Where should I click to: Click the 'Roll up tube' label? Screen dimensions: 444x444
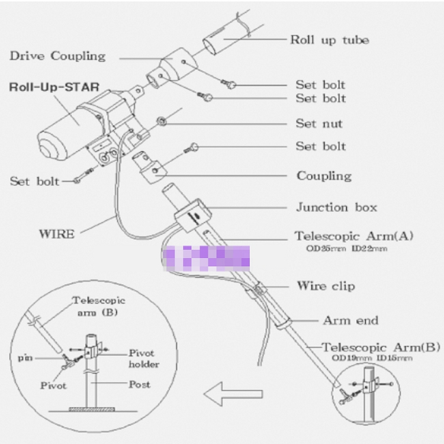[329, 40]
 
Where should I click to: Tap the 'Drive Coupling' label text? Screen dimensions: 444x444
[57, 56]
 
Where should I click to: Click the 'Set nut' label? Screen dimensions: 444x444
[319, 124]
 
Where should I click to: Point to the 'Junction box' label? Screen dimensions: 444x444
[336, 207]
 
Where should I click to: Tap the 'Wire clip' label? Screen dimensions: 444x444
[326, 286]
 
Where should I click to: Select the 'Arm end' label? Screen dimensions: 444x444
[350, 320]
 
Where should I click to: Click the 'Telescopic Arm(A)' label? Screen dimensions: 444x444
[354, 236]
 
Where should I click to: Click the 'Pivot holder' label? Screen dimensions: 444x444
[144, 358]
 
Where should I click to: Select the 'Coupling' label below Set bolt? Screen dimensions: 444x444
[324, 176]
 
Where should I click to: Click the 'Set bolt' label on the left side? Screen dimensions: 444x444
[34, 181]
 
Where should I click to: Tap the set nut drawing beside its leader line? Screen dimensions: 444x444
[159, 121]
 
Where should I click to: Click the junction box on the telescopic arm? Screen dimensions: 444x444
[193, 215]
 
